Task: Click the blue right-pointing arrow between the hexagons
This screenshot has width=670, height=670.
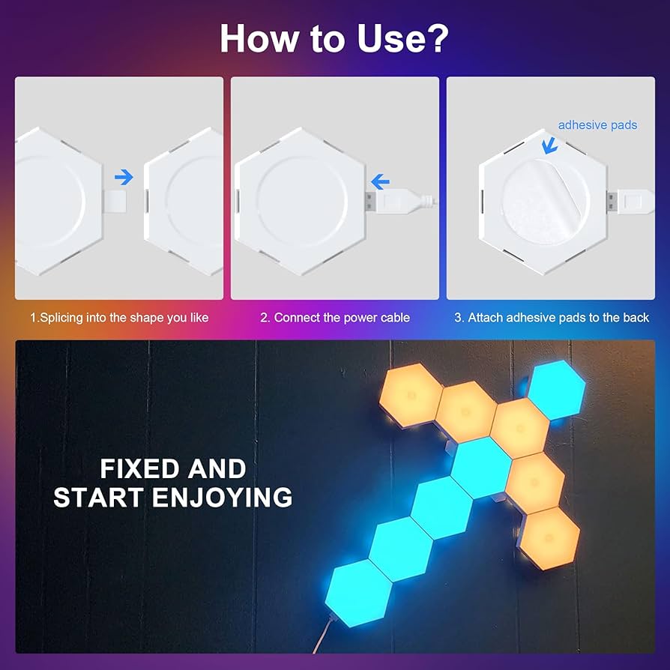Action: (x=124, y=177)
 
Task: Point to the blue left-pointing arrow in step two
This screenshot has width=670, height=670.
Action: (x=381, y=181)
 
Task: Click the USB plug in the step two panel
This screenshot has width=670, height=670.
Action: (x=375, y=201)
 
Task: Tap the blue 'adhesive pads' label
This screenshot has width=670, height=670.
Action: (x=597, y=125)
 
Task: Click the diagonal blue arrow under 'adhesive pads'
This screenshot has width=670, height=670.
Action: (x=550, y=144)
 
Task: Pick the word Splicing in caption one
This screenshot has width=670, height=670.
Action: (x=65, y=318)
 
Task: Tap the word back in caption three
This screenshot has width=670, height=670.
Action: (x=636, y=318)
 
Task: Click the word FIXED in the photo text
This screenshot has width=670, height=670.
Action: (x=139, y=469)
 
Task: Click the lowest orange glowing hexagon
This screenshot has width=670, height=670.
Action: (x=550, y=537)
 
